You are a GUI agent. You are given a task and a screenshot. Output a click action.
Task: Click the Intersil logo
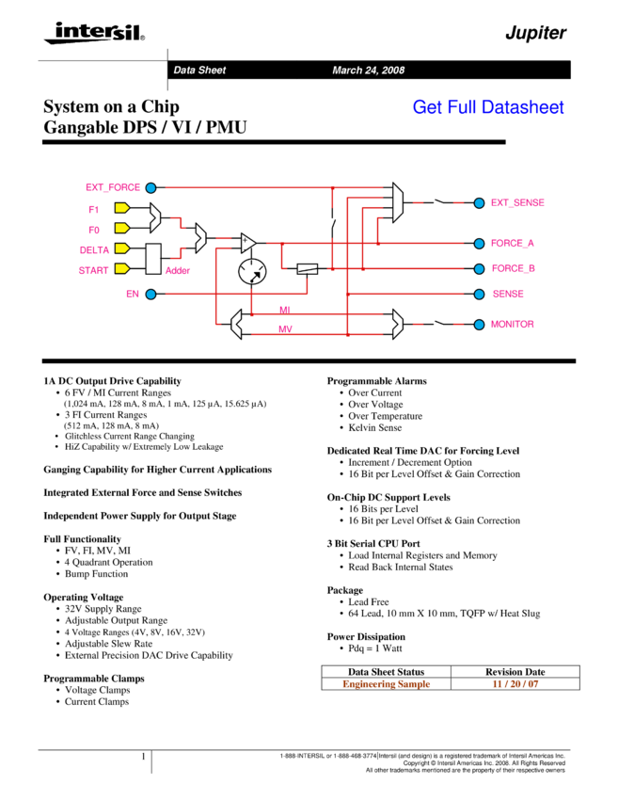coord(95,33)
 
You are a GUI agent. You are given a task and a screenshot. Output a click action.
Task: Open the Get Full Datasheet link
coord(488,107)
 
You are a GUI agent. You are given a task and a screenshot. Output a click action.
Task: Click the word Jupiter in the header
coord(535,33)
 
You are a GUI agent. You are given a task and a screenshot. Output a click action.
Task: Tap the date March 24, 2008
coord(368,71)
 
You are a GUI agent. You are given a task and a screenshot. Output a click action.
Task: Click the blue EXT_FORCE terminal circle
coord(151,187)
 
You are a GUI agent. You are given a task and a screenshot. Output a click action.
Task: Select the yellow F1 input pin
coord(122,208)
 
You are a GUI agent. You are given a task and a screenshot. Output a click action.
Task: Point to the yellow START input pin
coord(122,268)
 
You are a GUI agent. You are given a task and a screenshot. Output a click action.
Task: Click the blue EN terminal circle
coord(151,294)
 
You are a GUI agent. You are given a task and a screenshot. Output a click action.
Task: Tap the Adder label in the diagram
coord(178,270)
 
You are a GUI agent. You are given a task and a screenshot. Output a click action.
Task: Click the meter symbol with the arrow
coord(252,271)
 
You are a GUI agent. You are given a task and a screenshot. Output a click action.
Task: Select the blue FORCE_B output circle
coord(479,268)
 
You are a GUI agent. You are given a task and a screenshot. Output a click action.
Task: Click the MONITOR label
coord(512,324)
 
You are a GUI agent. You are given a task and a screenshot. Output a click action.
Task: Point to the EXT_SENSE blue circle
coord(479,203)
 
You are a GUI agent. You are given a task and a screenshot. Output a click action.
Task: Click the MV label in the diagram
coord(285,329)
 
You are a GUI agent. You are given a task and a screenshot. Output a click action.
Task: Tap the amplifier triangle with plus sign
coord(248,243)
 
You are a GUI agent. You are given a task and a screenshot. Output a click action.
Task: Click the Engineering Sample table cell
coord(386,683)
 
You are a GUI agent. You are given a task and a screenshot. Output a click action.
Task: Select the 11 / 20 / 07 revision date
coord(515,683)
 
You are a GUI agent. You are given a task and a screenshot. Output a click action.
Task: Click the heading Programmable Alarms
coord(377,381)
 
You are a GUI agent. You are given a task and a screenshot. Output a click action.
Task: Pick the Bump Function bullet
coord(96,574)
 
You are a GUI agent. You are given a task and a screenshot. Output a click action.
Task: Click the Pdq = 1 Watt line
coord(375,648)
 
